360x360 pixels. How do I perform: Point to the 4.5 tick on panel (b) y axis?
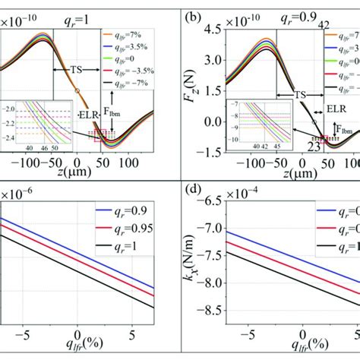point(210,30)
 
